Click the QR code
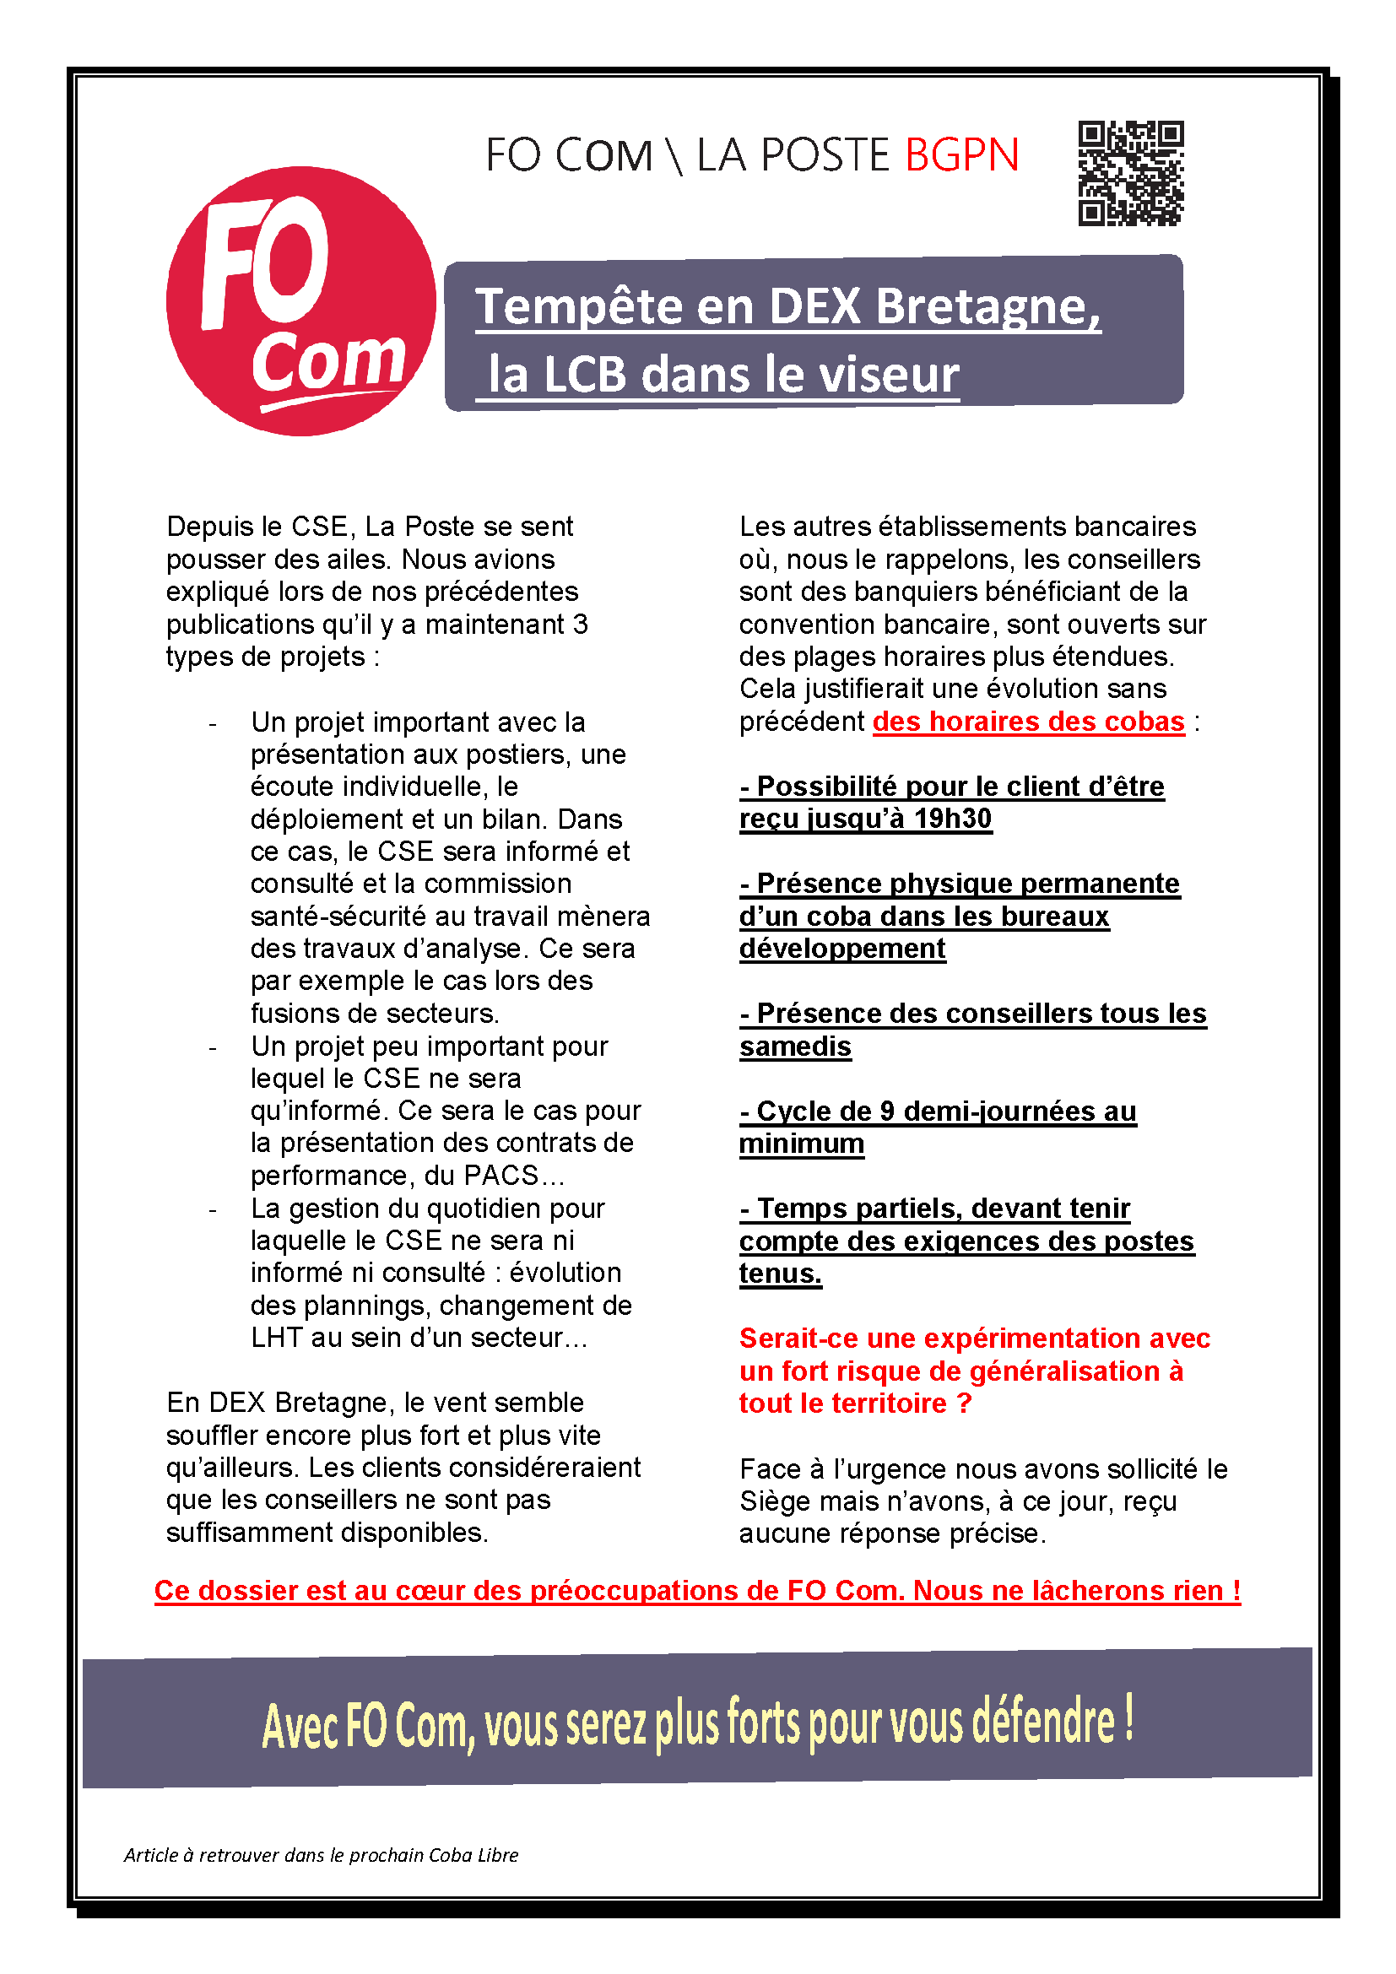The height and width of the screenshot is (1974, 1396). click(1130, 173)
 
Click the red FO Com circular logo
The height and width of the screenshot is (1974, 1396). click(300, 301)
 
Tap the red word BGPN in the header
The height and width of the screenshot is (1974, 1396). click(962, 155)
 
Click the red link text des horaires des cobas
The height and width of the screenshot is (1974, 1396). click(1028, 722)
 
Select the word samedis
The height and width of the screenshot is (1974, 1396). click(795, 1046)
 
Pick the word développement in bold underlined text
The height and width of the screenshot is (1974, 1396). click(841, 949)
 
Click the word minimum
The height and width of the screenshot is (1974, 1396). click(801, 1144)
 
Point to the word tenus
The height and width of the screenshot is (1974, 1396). click(780, 1274)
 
